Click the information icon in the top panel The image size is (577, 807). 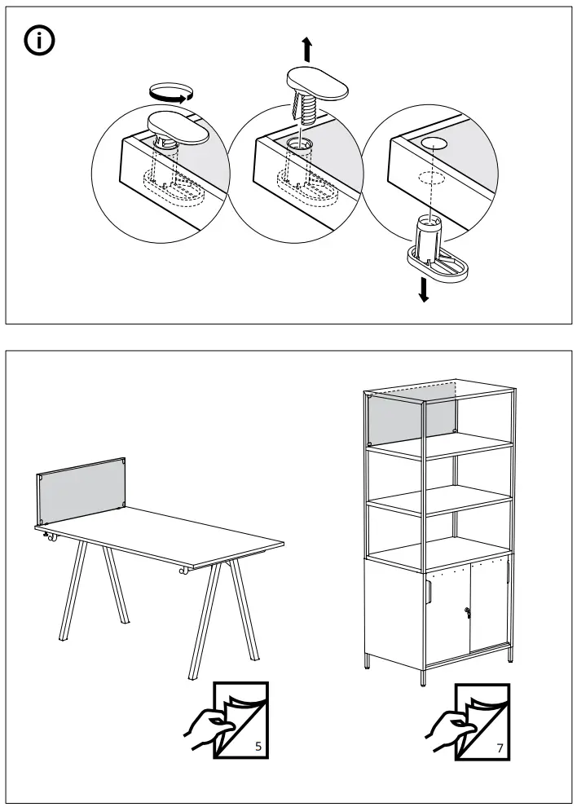39,42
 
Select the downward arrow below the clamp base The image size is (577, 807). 423,288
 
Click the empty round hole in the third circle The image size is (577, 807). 434,143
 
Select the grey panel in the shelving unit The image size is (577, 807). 412,419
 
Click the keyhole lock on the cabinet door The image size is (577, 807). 467,612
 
